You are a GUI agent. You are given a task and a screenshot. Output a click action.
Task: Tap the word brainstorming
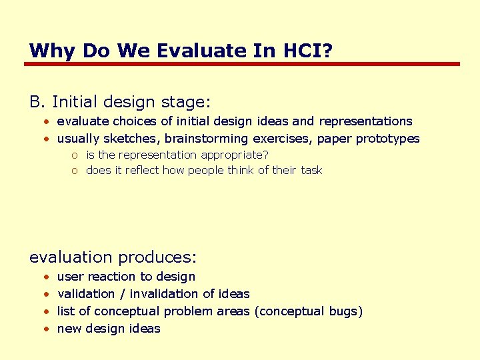tap(207, 139)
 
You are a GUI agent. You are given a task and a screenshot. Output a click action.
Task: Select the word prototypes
tap(388, 139)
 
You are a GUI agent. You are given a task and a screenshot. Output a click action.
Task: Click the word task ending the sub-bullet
tap(311, 170)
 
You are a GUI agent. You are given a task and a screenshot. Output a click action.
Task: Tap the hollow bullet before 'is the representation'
tap(76, 155)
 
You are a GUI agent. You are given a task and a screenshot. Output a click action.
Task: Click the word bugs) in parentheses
tap(345, 311)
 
